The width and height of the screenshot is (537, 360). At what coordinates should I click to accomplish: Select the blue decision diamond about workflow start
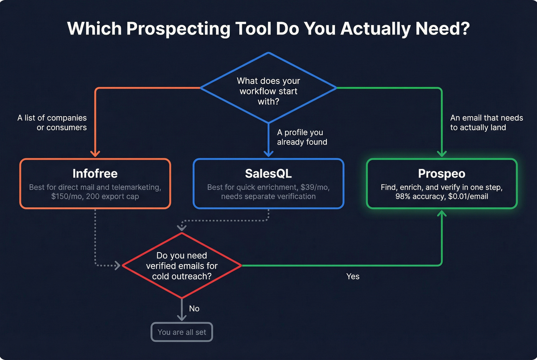point(268,90)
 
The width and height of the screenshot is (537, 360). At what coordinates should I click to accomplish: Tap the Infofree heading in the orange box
point(95,174)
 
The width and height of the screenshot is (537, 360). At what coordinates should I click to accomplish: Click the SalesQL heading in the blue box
point(268,174)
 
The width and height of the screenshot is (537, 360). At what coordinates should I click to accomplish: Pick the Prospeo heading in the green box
point(441,174)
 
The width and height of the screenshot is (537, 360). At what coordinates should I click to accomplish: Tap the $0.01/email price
point(468,197)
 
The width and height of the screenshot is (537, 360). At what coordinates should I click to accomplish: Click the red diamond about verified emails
point(182,266)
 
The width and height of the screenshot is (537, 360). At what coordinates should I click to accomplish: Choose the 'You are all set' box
point(182,332)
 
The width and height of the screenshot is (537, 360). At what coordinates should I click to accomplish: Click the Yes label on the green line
point(353,276)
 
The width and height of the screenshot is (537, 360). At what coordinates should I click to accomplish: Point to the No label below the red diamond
point(194,309)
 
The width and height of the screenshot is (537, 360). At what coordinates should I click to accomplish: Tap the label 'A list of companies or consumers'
point(52,123)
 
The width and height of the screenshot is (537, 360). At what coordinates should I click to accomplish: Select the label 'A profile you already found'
point(302,137)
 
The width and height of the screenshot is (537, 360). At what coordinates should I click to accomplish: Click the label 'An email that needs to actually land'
point(486,123)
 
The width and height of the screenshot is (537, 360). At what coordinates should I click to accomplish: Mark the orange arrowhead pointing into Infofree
point(95,154)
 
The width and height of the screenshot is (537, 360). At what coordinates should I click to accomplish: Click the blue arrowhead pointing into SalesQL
point(268,153)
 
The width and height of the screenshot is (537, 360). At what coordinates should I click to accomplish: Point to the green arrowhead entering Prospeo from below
point(442,214)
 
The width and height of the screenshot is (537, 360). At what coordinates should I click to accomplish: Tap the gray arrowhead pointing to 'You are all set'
point(182,317)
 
